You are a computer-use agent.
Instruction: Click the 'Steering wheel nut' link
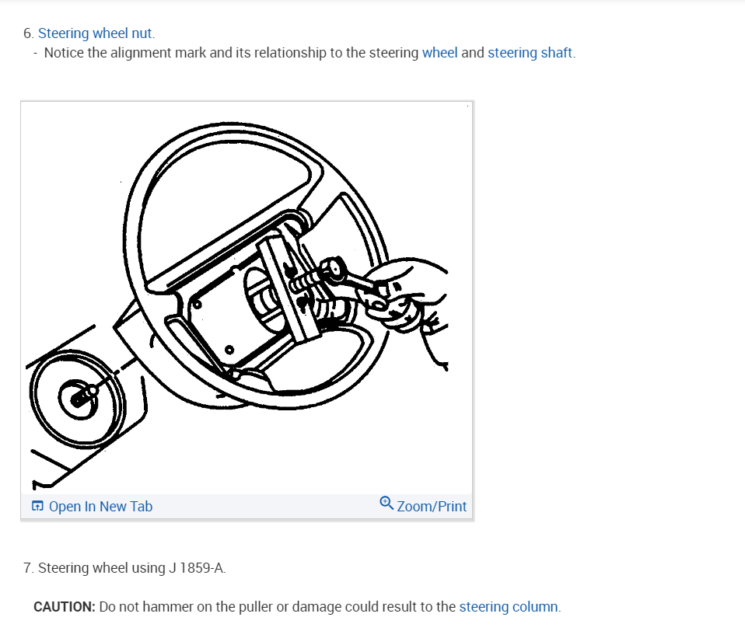[x=96, y=33]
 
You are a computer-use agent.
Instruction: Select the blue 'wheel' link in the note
[x=439, y=53]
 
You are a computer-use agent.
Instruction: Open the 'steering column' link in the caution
[x=509, y=606]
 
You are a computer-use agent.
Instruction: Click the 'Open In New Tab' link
[x=100, y=507]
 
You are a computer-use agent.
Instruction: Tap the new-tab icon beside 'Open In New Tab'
[x=37, y=507]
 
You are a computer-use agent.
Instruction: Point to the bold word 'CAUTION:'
[x=65, y=606]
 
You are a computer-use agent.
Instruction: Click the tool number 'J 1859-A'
[x=196, y=568]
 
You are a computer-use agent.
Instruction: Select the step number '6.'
[x=29, y=33]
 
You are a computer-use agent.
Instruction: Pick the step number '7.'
[x=29, y=568]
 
